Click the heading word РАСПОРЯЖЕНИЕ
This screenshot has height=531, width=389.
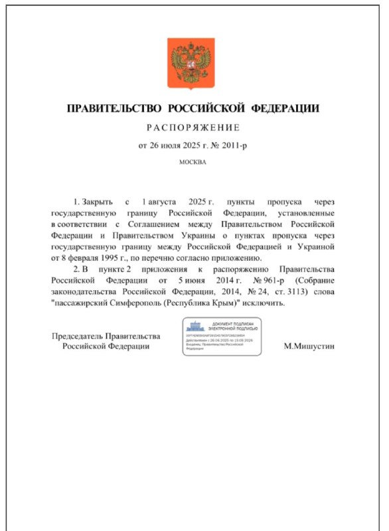point(193,127)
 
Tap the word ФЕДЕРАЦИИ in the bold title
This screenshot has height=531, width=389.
point(285,108)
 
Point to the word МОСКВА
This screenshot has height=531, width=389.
point(193,161)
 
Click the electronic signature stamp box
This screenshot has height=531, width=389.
point(222,336)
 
